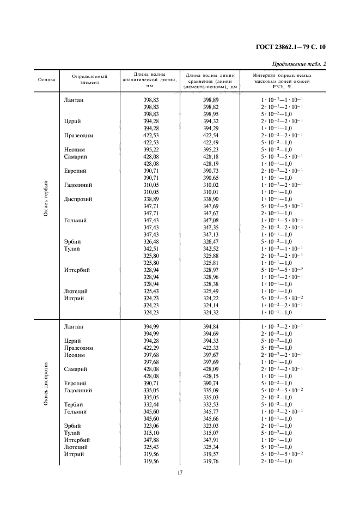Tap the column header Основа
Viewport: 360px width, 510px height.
click(x=46, y=79)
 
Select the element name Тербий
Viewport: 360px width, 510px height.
click(x=73, y=405)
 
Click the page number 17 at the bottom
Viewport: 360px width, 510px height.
click(x=180, y=472)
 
